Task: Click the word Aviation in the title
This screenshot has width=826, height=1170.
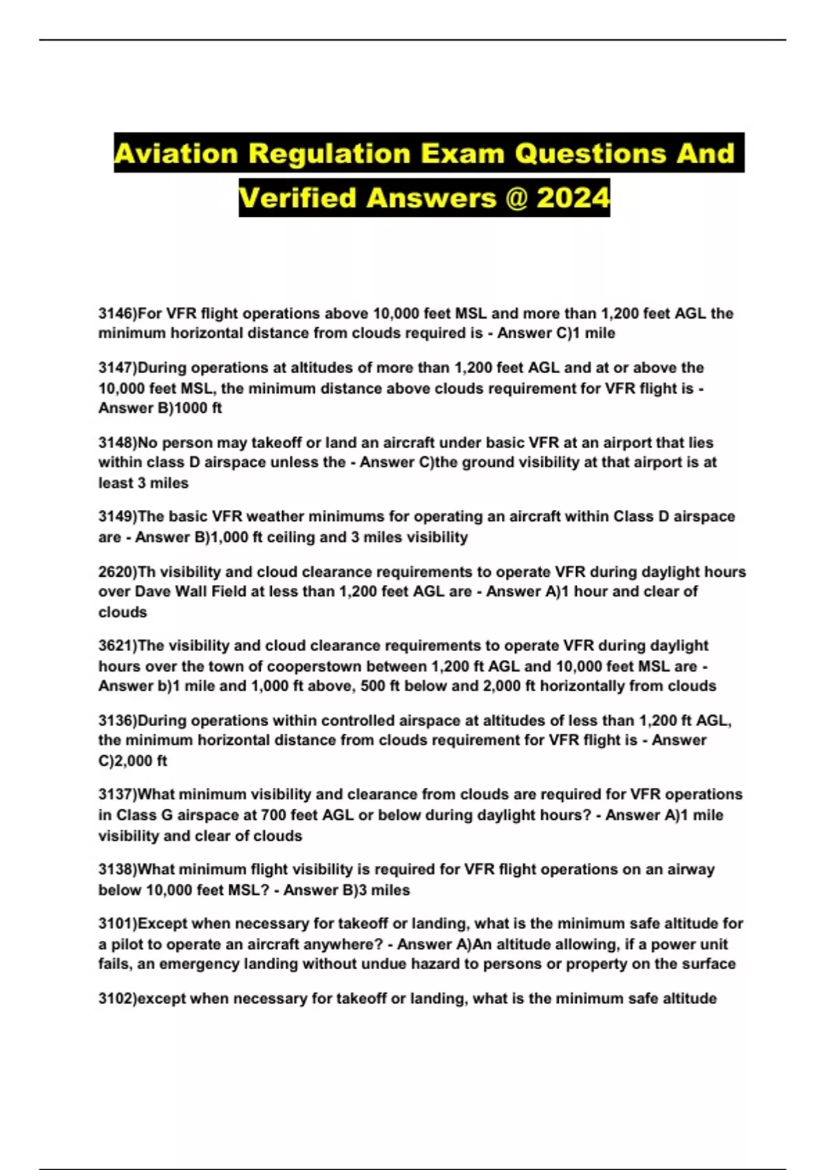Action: coord(176,153)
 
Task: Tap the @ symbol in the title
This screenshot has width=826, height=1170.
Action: coord(516,198)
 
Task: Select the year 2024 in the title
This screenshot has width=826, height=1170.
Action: coord(573,198)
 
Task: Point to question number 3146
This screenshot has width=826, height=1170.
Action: coord(115,314)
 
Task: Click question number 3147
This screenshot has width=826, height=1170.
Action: coord(115,368)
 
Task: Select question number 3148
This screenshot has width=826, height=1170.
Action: coord(115,443)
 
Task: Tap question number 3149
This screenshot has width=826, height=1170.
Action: coord(115,516)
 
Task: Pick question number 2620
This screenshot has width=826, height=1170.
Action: coord(115,572)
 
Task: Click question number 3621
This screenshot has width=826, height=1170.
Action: coord(115,646)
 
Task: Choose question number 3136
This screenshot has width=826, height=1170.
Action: coord(115,721)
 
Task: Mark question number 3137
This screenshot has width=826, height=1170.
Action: coord(115,794)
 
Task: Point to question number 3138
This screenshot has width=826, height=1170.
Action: coord(115,869)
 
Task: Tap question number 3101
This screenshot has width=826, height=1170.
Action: coord(115,924)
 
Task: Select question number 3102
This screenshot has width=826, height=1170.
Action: coord(115,999)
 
